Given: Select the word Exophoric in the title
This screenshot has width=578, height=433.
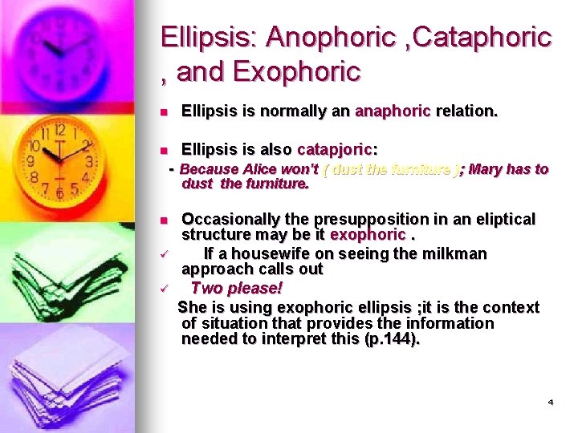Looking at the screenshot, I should coord(297,72).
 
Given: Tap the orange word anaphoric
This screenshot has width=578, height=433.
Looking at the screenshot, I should coord(393,111).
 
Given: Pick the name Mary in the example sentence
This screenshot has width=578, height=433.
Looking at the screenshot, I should coord(485,169).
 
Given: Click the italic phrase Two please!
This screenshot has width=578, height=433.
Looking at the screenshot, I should coord(237,288).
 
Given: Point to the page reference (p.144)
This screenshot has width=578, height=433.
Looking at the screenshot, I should coord(392,339).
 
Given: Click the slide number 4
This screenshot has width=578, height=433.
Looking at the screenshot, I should coord(550,402).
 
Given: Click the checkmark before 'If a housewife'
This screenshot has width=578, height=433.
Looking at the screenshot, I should coord(163,254).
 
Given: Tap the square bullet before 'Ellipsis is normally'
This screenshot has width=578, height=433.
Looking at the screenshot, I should coord(163,112).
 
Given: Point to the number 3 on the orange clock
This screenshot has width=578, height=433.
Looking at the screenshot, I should coord(89,161).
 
